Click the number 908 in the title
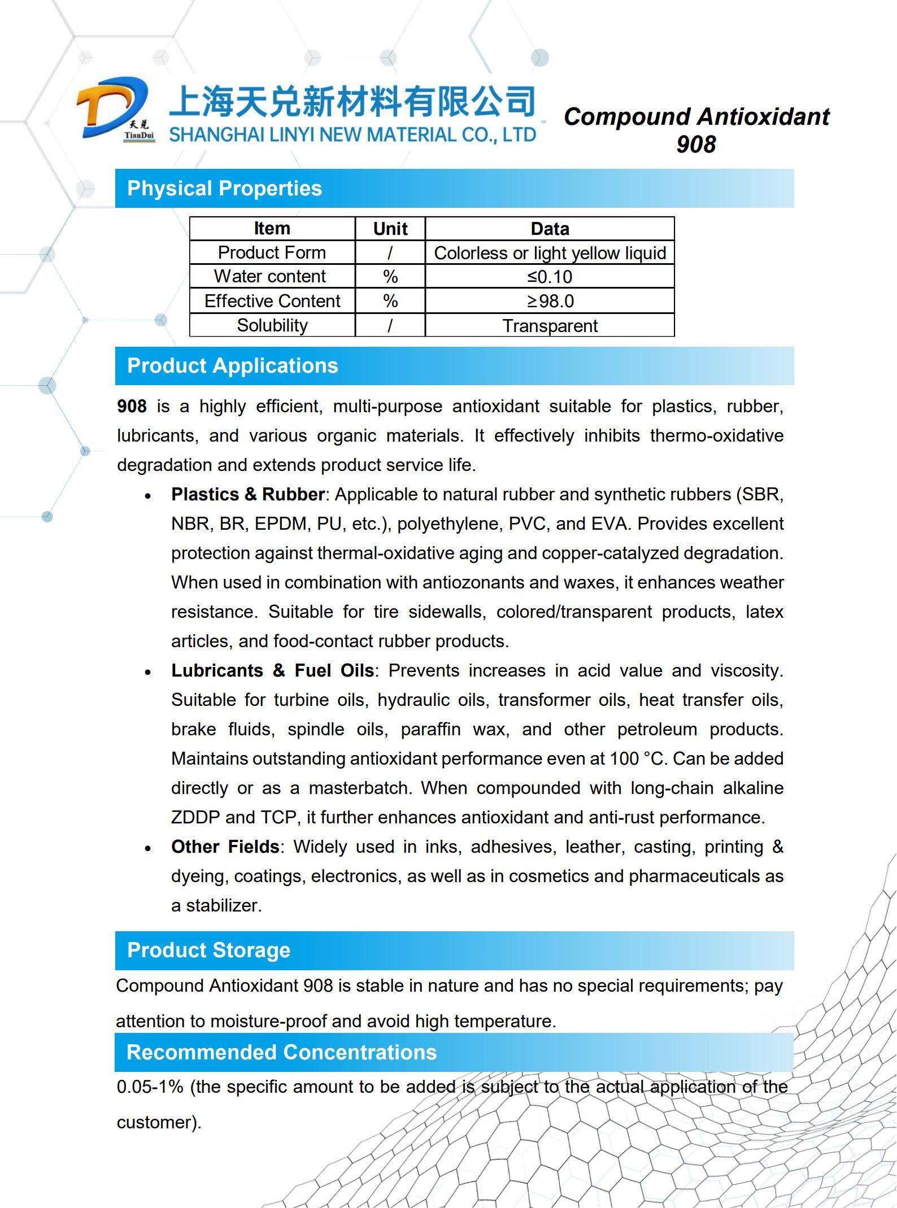point(696,145)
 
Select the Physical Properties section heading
point(224,189)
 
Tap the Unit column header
point(390,229)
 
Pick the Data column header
point(550,229)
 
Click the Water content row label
point(270,276)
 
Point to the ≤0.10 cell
point(550,277)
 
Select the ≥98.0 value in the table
point(550,301)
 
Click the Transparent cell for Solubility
point(550,326)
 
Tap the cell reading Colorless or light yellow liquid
point(550,253)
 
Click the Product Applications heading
point(232,366)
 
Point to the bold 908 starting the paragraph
point(132,407)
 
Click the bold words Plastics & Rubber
point(247,495)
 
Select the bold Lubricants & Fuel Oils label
point(272,671)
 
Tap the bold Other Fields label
point(225,847)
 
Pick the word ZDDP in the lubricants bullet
point(195,818)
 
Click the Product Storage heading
point(208,950)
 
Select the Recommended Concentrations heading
point(281,1053)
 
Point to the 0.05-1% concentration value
point(150,1087)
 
